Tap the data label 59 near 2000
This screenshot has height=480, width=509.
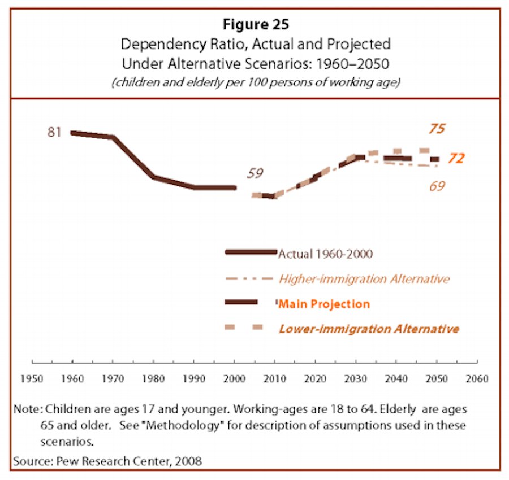(x=255, y=173)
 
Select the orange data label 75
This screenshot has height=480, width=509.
(x=435, y=129)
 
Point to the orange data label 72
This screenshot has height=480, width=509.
(x=456, y=159)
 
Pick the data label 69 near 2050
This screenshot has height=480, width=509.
(x=436, y=185)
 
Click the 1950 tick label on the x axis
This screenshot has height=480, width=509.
(x=33, y=379)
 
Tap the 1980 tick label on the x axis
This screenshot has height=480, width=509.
(x=153, y=379)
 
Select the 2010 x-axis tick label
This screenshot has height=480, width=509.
(x=275, y=379)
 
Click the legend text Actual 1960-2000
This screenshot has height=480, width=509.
(x=325, y=254)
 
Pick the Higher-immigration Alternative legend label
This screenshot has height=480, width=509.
(x=364, y=279)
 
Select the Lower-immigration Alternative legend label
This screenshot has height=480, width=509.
(x=368, y=329)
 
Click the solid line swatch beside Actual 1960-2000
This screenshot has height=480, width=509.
(x=251, y=252)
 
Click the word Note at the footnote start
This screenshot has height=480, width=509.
(x=24, y=409)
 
